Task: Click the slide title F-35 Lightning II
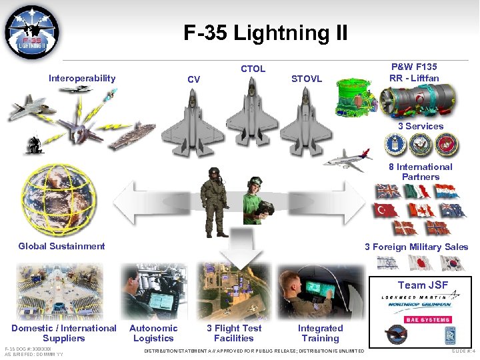pyautogui.click(x=265, y=33)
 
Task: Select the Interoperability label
pyautogui.click(x=82, y=79)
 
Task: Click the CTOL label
pyautogui.click(x=253, y=69)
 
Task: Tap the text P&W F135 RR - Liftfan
pyautogui.click(x=414, y=73)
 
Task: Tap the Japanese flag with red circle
pyautogui.click(x=420, y=263)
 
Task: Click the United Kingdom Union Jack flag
pyautogui.click(x=387, y=192)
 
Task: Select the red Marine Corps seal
pyautogui.click(x=443, y=145)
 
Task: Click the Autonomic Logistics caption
pyautogui.click(x=153, y=333)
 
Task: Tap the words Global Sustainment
pyautogui.click(x=61, y=246)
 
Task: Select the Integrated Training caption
pyautogui.click(x=320, y=333)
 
